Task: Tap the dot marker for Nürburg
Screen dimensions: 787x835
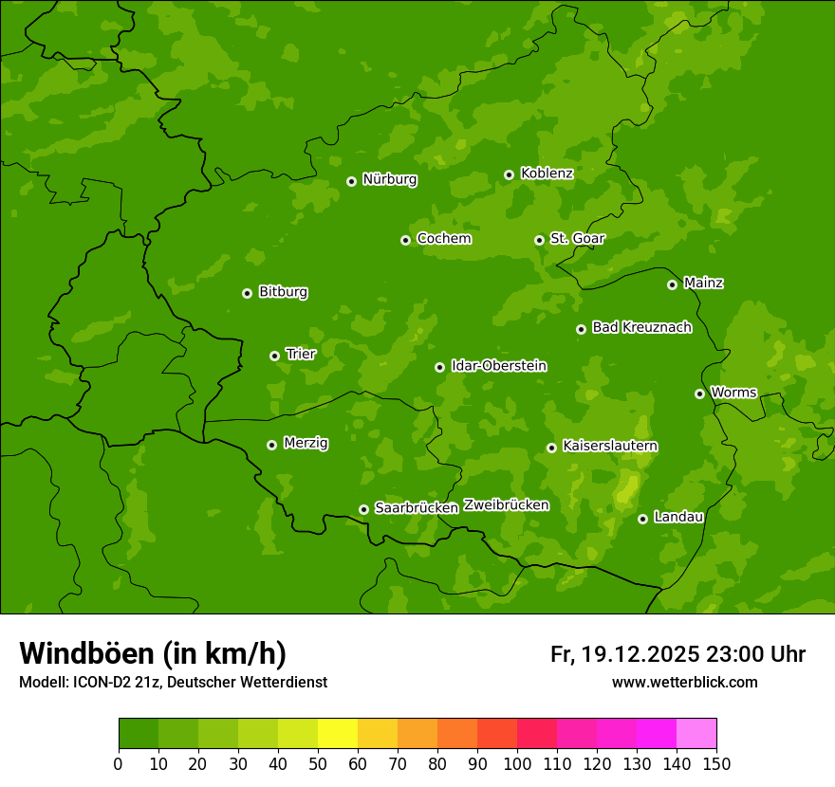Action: [x=351, y=181]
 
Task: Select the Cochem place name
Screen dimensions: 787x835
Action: [x=443, y=239]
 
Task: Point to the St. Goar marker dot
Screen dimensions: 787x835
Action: [x=539, y=240]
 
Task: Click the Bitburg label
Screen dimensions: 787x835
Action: [x=283, y=292]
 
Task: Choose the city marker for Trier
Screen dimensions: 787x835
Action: [x=274, y=356]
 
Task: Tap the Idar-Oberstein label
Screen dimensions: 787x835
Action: [x=498, y=366]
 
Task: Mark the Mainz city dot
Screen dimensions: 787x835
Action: [x=672, y=284]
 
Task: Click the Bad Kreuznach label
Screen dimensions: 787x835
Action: [x=641, y=328]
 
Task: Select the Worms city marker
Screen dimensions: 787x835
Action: [x=699, y=393]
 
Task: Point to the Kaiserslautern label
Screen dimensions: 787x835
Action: [x=610, y=446]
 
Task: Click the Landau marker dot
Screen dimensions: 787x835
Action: [x=642, y=519]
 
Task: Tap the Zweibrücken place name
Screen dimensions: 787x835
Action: [x=506, y=505]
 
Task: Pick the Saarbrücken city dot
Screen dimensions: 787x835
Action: [x=363, y=509]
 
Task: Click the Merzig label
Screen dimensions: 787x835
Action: [x=306, y=444]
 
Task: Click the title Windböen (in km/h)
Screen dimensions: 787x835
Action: [x=153, y=653]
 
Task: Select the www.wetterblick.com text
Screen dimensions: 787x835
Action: [x=684, y=682]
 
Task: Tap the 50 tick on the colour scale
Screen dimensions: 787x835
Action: [x=318, y=763]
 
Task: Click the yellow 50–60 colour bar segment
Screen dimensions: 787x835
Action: [x=338, y=734]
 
